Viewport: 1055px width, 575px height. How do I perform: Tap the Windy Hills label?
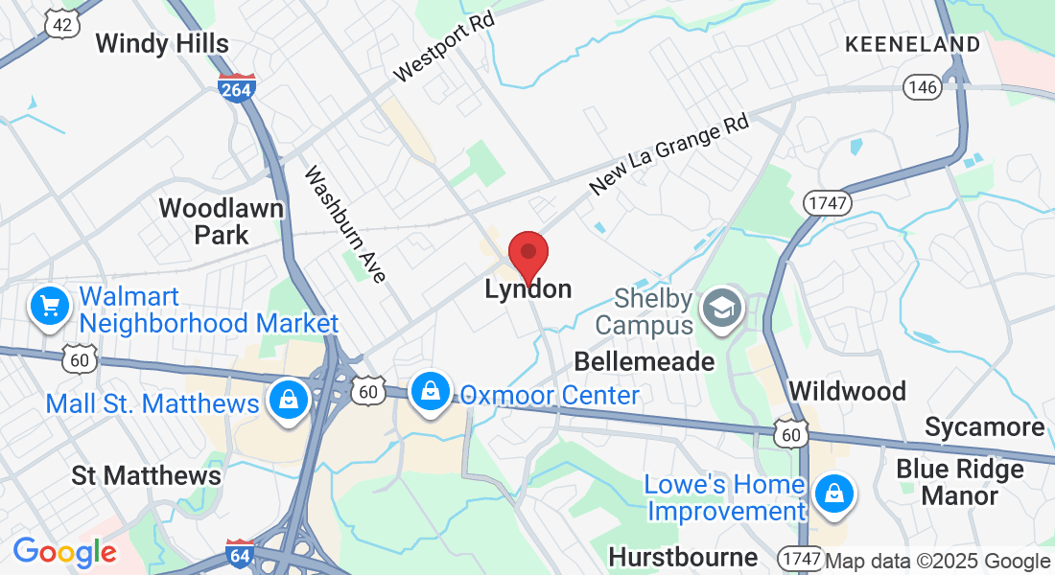[162, 43]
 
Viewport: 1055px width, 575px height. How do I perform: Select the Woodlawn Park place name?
[221, 221]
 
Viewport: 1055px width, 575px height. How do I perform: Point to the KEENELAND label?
[912, 44]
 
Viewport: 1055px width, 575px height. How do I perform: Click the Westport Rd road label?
[443, 47]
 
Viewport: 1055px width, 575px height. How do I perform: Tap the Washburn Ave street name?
[344, 224]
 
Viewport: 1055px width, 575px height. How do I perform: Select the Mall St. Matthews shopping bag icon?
[288, 400]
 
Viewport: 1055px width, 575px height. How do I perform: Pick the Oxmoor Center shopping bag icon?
[432, 391]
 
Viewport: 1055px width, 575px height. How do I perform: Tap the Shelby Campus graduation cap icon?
[719, 308]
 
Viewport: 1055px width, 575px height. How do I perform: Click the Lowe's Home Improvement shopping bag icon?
[833, 494]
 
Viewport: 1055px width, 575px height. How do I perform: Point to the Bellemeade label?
[644, 361]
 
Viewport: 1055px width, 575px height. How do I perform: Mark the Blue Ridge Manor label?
[960, 482]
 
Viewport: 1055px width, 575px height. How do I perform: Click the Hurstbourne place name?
[683, 557]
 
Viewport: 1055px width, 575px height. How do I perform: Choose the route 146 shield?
[920, 87]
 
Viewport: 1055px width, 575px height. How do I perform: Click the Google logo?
[64, 552]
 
